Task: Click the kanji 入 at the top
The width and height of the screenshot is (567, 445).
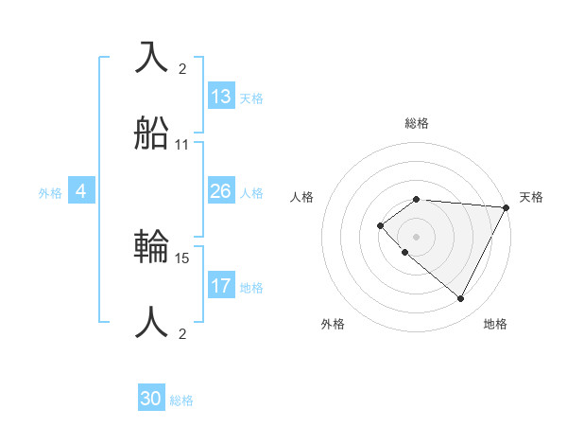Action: (x=152, y=58)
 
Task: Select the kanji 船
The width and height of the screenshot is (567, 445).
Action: (x=152, y=135)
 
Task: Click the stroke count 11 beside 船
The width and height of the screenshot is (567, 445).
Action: (x=182, y=145)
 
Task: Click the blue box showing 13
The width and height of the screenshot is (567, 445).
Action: (x=221, y=97)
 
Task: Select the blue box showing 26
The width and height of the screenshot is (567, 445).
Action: (x=221, y=191)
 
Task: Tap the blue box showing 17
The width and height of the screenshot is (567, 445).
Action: (x=221, y=286)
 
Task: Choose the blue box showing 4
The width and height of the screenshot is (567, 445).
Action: (x=81, y=191)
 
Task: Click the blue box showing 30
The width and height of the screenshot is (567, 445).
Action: (x=151, y=399)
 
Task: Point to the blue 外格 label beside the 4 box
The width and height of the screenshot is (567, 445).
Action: (x=50, y=192)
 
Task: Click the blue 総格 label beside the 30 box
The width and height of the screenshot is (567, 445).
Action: (x=181, y=400)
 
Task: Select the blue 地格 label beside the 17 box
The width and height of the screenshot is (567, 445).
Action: (x=251, y=288)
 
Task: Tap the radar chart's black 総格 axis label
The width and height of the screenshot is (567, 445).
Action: (x=417, y=123)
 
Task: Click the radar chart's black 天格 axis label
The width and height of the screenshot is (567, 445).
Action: (x=532, y=197)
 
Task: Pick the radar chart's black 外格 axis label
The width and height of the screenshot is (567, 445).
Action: (x=333, y=324)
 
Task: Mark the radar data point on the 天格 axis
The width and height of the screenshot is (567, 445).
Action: (x=507, y=207)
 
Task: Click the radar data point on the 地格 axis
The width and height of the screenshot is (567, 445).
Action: (x=460, y=299)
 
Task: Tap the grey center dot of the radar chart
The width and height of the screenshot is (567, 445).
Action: (x=417, y=236)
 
